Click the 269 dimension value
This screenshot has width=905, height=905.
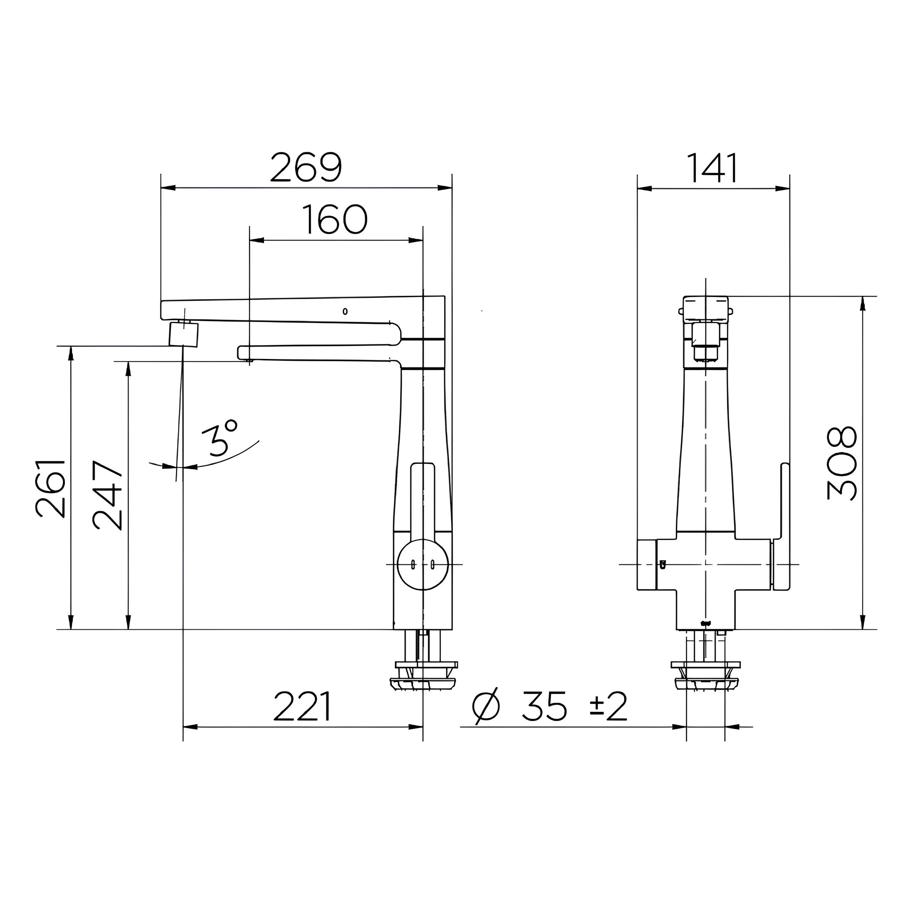tap(306, 167)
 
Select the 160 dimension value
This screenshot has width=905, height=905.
tap(334, 220)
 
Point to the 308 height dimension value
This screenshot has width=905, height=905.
tap(842, 463)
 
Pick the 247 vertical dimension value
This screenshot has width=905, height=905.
tap(107, 496)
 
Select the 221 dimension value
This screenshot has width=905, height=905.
tap(303, 706)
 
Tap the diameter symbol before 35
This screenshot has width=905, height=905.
tap(486, 707)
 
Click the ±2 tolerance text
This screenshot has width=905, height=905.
tap(608, 706)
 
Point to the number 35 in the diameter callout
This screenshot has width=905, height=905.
tap(544, 706)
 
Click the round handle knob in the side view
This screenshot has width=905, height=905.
tap(422, 564)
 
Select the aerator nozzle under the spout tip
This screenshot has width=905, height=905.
tap(184, 334)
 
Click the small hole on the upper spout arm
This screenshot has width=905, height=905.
tap(345, 311)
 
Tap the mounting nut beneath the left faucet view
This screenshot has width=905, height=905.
tap(426, 677)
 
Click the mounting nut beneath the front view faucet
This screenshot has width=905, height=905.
tap(706, 677)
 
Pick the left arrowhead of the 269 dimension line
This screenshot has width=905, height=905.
tap(168, 188)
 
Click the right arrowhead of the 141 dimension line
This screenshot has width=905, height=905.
tap(782, 189)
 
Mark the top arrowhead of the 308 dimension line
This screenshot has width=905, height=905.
tap(863, 303)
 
